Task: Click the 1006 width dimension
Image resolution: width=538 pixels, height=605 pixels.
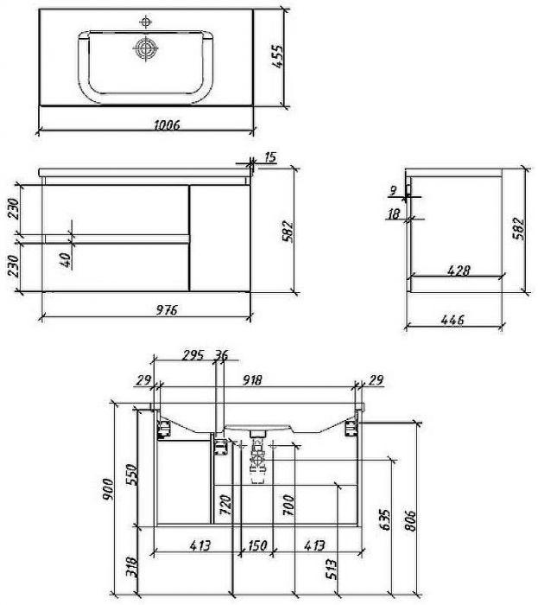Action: [167, 125]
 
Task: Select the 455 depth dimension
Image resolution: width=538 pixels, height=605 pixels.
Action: [277, 57]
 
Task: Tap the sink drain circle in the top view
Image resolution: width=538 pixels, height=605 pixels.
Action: [145, 48]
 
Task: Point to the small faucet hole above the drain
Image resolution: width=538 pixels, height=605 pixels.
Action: [145, 22]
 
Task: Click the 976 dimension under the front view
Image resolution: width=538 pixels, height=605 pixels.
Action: [167, 309]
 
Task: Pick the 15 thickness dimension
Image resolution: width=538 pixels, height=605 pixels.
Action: [270, 157]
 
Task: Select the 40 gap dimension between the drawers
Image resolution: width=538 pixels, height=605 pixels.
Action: [66, 260]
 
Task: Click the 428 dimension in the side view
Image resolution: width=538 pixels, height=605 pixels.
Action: [459, 271]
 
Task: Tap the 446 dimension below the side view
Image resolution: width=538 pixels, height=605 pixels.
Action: [453, 320]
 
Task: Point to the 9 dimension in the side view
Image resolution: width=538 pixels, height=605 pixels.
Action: [393, 190]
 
